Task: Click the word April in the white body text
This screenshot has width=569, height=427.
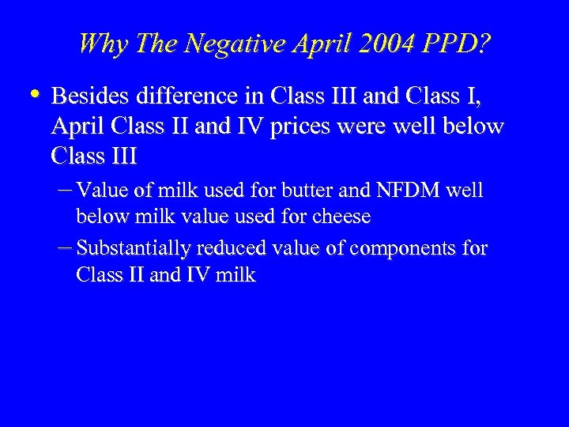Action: pyautogui.click(x=75, y=127)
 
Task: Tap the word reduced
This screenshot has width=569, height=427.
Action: pyautogui.click(x=231, y=249)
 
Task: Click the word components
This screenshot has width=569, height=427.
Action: pyautogui.click(x=402, y=250)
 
